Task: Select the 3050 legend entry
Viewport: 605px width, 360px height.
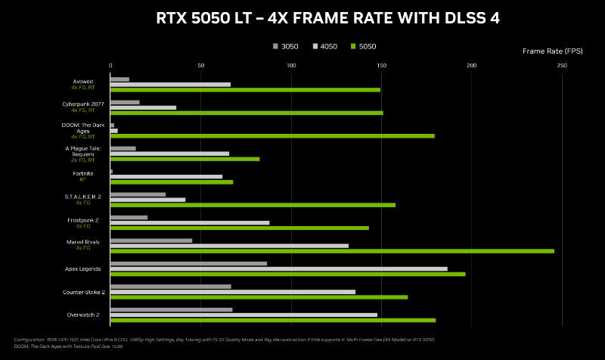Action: [285, 47]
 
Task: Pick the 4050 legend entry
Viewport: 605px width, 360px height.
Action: [324, 47]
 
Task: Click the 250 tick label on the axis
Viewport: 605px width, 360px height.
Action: [562, 66]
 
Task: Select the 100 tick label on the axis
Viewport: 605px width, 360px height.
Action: [291, 66]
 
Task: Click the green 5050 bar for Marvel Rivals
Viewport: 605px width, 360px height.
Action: [332, 251]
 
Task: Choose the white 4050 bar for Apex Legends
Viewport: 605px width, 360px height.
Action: [278, 268]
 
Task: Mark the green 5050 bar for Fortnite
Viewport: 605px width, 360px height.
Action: [172, 182]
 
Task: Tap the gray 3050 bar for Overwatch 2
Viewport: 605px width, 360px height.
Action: [172, 309]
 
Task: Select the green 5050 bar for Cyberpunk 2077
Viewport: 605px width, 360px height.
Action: [247, 113]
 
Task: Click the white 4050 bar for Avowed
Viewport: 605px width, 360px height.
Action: [170, 84]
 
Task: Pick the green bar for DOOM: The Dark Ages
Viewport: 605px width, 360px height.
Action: [272, 136]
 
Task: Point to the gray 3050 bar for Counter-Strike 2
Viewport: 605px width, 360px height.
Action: [171, 287]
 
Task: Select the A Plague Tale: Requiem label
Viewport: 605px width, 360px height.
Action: [79, 151]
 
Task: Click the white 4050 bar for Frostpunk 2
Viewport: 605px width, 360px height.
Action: [190, 222]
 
